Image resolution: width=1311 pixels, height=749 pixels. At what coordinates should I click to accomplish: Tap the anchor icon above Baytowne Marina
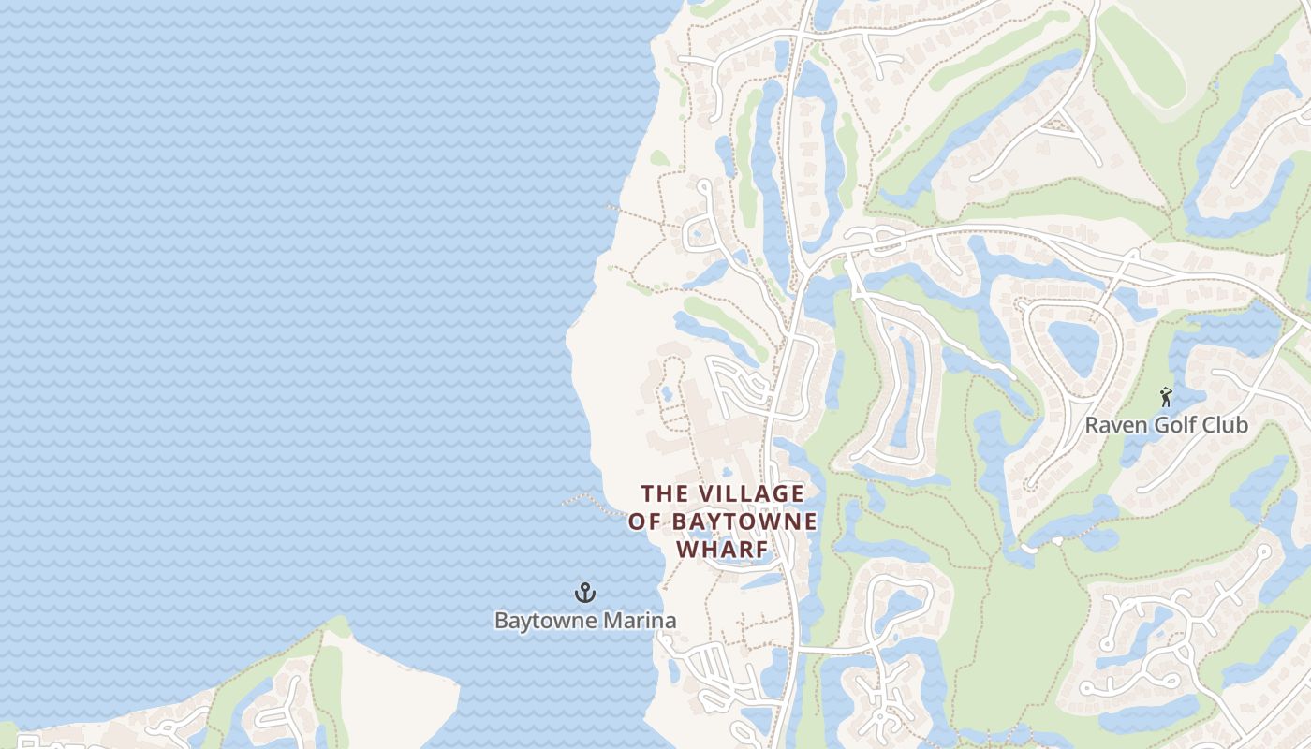coord(585,593)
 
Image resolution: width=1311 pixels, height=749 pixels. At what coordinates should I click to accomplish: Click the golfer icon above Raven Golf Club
coord(1166,397)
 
